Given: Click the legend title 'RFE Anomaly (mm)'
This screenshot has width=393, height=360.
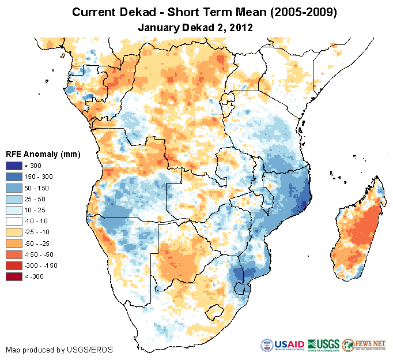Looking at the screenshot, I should [x=43, y=154].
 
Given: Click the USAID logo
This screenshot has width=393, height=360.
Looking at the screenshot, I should [x=283, y=345].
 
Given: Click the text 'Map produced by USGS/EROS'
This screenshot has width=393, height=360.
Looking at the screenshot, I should [x=59, y=350].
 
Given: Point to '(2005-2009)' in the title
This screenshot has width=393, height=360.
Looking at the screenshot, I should [x=292, y=12].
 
